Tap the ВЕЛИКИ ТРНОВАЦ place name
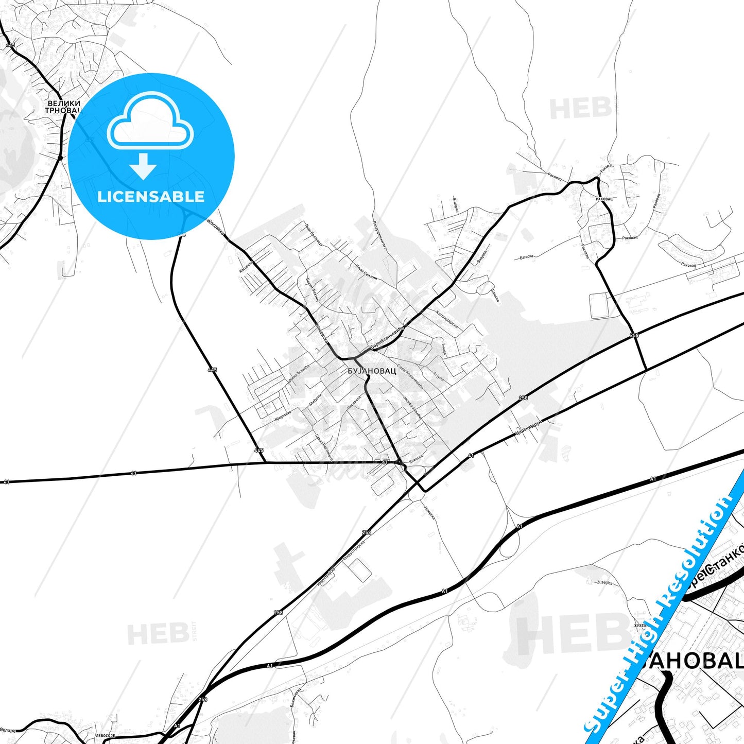63,107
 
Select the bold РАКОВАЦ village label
604,199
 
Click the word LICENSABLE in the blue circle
151,196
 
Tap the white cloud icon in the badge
150,122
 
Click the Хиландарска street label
446,319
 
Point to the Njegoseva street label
283,415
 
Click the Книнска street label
415,456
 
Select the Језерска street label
429,510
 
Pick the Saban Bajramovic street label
324,447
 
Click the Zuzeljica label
604,582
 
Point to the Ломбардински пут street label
379,235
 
